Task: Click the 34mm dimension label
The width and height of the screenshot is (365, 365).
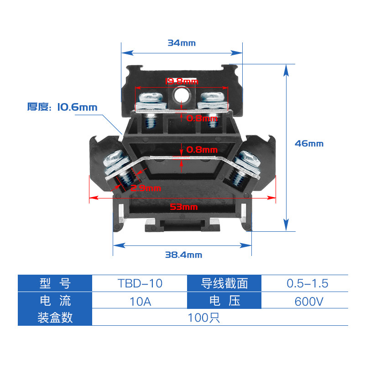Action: coord(181,43)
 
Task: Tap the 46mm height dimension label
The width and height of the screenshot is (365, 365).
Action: coord(309,143)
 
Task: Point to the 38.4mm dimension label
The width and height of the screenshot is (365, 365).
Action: coord(183,255)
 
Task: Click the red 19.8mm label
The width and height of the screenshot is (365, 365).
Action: coord(182,82)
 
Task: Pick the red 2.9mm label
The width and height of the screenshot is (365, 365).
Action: coord(146,188)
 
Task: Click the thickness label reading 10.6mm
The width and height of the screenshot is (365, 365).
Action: coord(63,108)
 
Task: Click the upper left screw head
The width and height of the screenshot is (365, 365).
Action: coord(151,98)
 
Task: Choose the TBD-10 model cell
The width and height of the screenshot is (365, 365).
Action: coord(140,283)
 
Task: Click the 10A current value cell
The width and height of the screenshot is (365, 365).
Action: coord(140,301)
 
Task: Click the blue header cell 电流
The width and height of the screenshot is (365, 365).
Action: coord(55,301)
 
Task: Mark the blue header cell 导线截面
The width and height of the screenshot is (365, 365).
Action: coord(224,283)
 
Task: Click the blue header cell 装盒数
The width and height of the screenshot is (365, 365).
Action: coord(55,318)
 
